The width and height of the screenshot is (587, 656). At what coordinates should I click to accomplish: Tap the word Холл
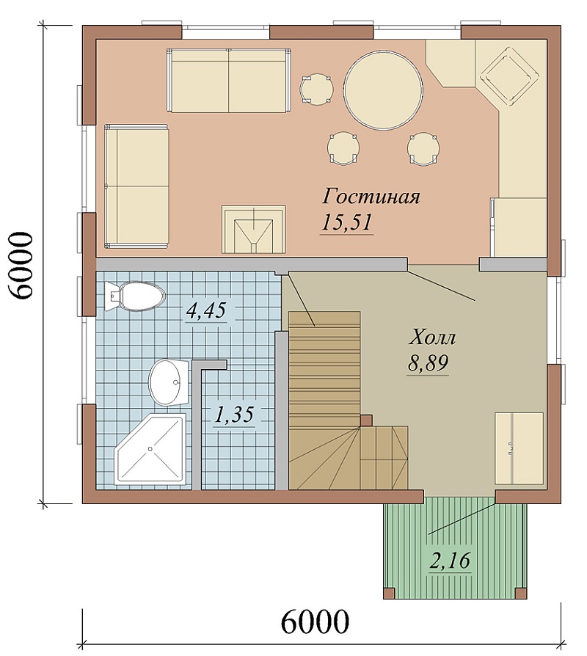431,338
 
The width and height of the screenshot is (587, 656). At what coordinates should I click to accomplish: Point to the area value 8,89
428,363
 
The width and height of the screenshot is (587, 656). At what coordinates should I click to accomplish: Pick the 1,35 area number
233,415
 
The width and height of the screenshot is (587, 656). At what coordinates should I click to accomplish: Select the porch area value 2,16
451,560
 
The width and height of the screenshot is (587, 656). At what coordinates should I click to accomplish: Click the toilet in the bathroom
135,296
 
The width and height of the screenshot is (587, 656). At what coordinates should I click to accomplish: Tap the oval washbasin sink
168,382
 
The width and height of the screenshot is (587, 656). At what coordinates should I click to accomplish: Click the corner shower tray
150,448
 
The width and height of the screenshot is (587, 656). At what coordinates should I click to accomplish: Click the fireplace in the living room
254,229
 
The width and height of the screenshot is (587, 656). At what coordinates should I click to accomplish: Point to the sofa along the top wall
229,80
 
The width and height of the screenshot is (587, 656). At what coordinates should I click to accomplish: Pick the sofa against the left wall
136,186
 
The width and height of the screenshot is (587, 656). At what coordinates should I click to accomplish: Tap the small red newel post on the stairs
367,420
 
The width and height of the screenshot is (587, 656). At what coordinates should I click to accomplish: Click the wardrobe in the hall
519,448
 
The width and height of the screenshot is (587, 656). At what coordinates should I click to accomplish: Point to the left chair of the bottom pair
343,147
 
